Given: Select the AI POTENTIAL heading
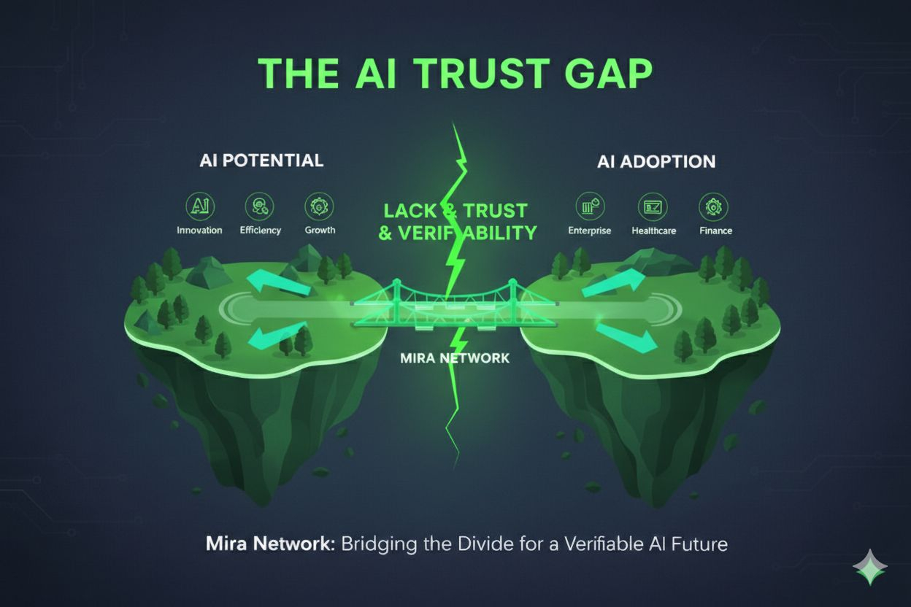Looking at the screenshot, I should pyautogui.click(x=261, y=161).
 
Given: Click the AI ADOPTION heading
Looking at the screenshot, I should pyautogui.click(x=656, y=161).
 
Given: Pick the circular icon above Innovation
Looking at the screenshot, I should pyautogui.click(x=199, y=207).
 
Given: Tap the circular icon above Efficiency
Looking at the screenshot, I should pyautogui.click(x=260, y=207).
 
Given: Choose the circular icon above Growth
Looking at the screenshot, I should pyautogui.click(x=320, y=207).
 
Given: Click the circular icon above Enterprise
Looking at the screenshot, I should pyautogui.click(x=590, y=207).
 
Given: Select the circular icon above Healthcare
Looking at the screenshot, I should pyautogui.click(x=653, y=207).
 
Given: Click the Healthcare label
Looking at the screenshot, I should pyautogui.click(x=653, y=231).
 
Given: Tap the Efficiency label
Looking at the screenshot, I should pyautogui.click(x=260, y=230).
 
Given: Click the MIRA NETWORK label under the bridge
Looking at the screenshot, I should pyautogui.click(x=455, y=358).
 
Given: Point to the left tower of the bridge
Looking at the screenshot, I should pyautogui.click(x=397, y=300).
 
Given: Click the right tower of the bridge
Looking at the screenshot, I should pyautogui.click(x=513, y=300).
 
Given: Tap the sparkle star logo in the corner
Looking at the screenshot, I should pyautogui.click(x=869, y=568).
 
